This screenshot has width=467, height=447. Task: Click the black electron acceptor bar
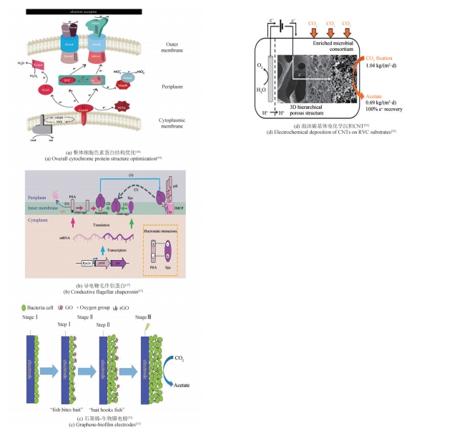click(82, 12)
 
